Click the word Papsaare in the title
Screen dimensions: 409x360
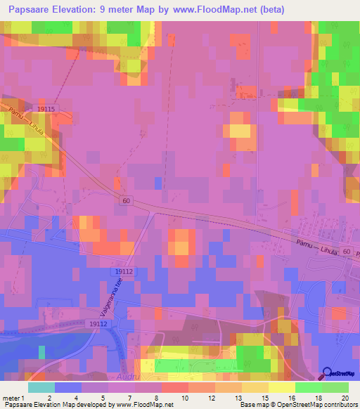click(x=29, y=10)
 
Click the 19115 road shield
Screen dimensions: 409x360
click(x=47, y=109)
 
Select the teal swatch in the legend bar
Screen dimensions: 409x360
click(x=41, y=387)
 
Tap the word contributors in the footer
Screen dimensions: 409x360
click(x=340, y=405)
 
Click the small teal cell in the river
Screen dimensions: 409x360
click(x=41, y=349)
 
